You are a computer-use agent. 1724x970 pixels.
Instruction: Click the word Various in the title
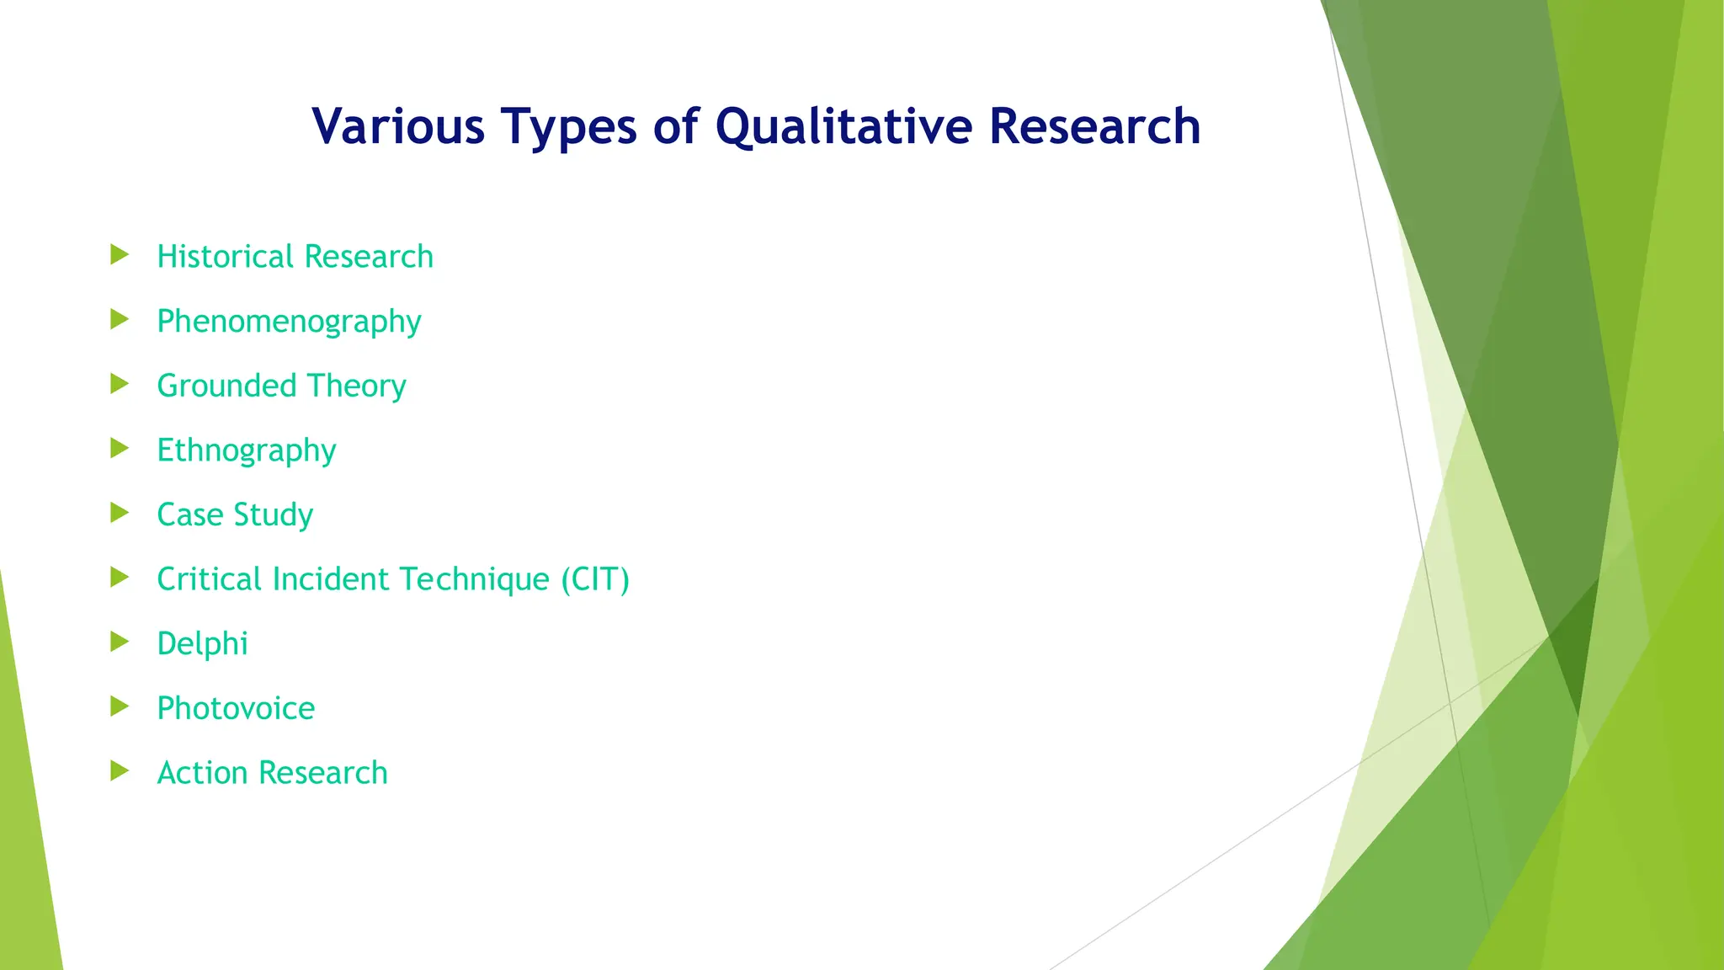click(x=397, y=126)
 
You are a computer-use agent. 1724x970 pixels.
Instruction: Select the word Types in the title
click(x=568, y=126)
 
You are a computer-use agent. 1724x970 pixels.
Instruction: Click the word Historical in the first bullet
click(x=225, y=257)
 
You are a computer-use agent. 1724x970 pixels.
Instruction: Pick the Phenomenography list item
click(x=289, y=322)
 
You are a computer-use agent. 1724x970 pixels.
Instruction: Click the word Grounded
click(x=227, y=386)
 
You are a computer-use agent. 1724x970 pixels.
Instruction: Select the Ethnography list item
click(x=246, y=450)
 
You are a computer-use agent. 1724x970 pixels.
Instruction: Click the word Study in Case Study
click(x=273, y=515)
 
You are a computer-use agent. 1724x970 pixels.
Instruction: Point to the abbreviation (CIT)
click(x=595, y=579)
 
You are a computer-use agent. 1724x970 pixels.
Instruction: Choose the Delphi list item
click(x=202, y=644)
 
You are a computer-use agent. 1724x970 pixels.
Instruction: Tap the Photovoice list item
click(x=236, y=708)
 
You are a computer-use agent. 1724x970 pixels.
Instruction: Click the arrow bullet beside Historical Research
click(x=120, y=254)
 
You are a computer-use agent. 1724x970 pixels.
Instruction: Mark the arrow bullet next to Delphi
click(x=120, y=642)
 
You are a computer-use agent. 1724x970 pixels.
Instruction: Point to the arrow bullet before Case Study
click(x=120, y=513)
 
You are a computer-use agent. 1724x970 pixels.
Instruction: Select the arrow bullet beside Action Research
click(x=120, y=770)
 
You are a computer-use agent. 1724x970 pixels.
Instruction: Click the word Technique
click(x=474, y=579)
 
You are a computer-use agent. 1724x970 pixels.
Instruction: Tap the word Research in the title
click(x=1094, y=126)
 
